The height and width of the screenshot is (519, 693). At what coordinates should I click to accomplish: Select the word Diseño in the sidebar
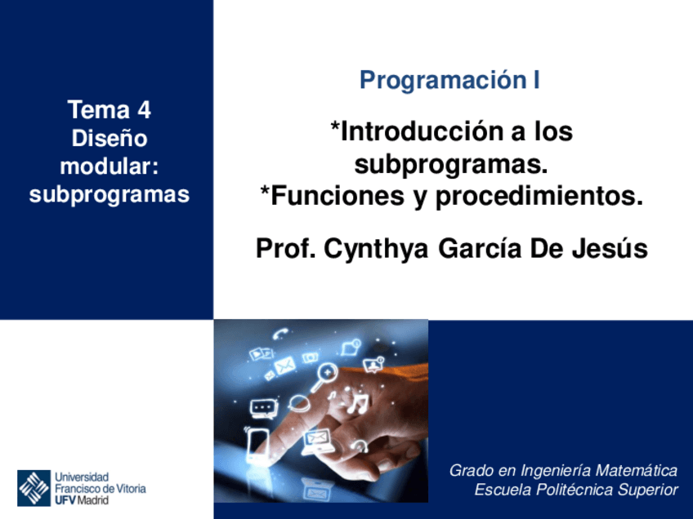(x=110, y=138)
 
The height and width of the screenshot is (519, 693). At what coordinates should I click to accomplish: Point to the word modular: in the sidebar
(x=110, y=166)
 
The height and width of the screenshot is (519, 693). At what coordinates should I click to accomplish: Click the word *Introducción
(x=414, y=131)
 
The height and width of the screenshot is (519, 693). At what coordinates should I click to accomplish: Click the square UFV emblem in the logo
(x=34, y=487)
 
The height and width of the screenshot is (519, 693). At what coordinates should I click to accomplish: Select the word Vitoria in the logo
(x=128, y=488)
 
